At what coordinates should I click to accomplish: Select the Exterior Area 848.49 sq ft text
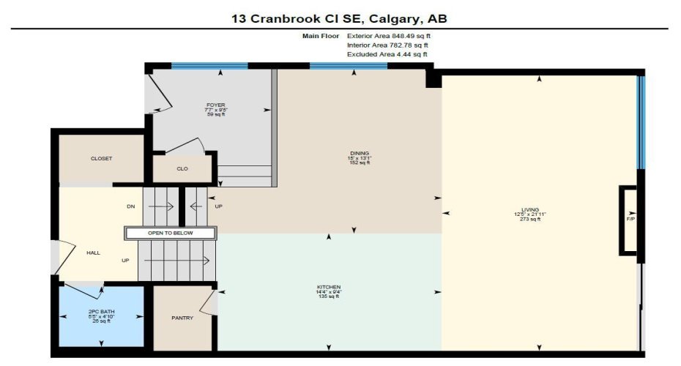point(393,35)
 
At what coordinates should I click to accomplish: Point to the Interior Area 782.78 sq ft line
point(387,45)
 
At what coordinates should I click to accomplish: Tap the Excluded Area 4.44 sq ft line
point(387,54)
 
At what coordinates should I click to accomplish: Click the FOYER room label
point(215,105)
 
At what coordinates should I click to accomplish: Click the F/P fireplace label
point(630,218)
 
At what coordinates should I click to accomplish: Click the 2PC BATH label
point(101,312)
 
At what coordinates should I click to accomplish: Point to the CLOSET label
point(101,158)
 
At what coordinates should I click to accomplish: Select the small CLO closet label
point(182,168)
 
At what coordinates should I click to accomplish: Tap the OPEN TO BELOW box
point(171,233)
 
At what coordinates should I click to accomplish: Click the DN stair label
point(131,206)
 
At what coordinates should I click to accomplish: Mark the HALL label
point(92,253)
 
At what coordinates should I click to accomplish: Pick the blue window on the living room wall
point(641,121)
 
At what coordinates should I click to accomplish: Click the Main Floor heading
point(320,35)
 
